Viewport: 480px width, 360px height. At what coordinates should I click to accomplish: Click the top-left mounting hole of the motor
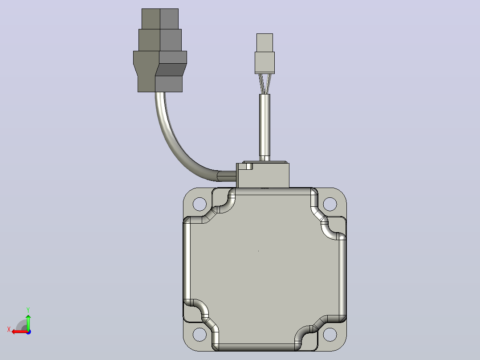pos(199,204)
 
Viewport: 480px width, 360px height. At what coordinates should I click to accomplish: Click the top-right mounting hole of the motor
pos(329,204)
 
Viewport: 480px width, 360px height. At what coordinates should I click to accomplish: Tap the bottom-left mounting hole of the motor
pos(199,334)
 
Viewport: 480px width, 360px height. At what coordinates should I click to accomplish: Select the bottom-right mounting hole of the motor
pos(329,334)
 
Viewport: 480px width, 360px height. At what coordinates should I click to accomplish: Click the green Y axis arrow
pos(28,322)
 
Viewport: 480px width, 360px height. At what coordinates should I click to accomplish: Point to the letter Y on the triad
pos(28,310)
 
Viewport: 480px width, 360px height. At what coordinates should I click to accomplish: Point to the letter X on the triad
pos(9,330)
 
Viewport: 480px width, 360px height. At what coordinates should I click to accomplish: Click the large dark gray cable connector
pos(160,50)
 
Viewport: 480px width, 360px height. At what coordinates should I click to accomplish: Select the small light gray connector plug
pos(264,53)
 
